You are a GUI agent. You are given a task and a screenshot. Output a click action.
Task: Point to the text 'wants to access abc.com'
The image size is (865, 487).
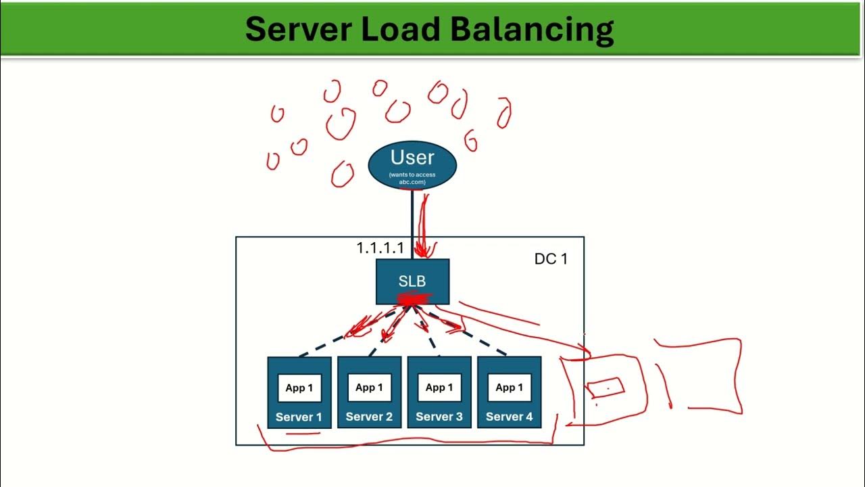coord(412,178)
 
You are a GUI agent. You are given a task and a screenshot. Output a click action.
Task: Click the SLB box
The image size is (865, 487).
coord(412,281)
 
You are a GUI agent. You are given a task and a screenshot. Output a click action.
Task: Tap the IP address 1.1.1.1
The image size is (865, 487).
coord(380,248)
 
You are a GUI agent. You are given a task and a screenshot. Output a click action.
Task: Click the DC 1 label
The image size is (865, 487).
coord(551,259)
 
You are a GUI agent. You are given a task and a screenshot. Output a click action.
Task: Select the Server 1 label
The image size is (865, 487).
coord(299,417)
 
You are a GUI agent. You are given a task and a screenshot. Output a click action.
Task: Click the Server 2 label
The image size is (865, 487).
coord(369,417)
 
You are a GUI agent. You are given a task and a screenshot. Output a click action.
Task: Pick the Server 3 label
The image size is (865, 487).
coord(439,417)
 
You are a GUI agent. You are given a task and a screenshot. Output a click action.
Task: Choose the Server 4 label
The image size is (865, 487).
coord(510,417)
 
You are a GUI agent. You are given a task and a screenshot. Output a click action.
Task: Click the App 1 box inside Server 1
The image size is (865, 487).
coord(299,388)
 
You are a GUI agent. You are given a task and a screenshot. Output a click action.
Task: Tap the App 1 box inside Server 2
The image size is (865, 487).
coord(369,388)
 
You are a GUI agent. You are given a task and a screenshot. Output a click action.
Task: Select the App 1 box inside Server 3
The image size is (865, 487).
coord(439,388)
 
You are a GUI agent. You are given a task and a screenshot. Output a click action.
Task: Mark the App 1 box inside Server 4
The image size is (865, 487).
coord(510,388)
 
